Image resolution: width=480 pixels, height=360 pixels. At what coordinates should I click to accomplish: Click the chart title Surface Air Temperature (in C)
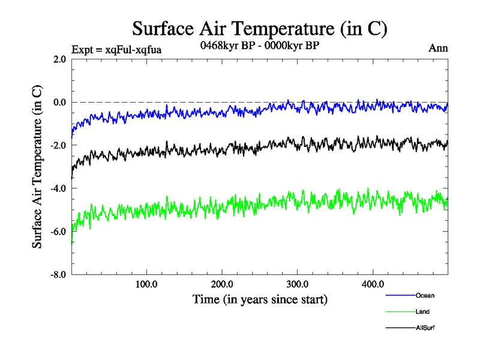coord(259,28)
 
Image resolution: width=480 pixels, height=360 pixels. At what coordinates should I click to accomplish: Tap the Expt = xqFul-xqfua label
coord(116,49)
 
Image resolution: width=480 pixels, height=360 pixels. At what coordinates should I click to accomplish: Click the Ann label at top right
coord(438,49)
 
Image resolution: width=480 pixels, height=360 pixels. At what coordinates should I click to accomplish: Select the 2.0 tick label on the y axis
coord(59,59)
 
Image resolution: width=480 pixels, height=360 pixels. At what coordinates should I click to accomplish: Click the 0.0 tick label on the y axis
coord(59,102)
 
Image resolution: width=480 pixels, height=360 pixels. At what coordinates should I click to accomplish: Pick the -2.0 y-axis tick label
coord(58,145)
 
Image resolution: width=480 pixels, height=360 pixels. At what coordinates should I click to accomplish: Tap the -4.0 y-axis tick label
coord(58,188)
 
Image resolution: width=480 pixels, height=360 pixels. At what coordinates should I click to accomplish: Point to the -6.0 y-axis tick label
coord(58,232)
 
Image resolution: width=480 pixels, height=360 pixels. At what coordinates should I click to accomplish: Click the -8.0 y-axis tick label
coord(58,275)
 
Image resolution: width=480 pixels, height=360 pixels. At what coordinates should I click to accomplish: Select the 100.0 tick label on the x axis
coord(146,284)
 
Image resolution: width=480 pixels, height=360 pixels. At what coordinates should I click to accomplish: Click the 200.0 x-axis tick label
coord(222,284)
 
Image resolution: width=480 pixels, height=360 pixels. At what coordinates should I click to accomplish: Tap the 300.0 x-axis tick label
coord(298,284)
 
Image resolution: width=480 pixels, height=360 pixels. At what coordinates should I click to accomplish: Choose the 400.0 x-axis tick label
coord(373,284)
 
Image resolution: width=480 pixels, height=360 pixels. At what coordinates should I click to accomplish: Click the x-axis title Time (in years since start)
coord(260,298)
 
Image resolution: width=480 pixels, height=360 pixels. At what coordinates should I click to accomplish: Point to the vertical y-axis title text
coord(37,167)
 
